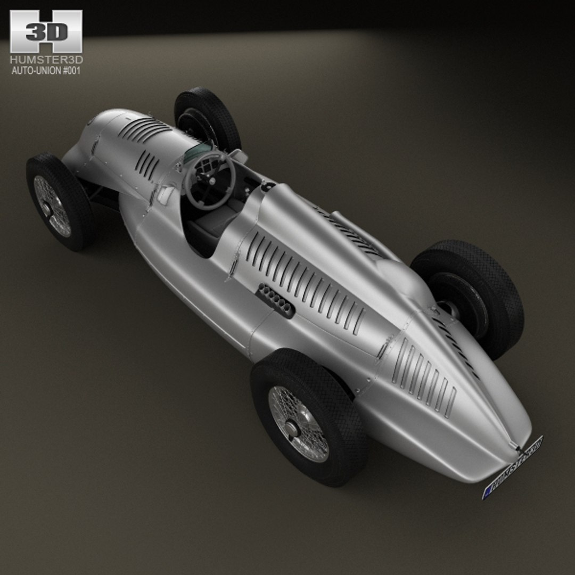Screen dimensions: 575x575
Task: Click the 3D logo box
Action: click(x=46, y=31)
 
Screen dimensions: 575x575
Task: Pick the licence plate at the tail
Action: click(x=512, y=467)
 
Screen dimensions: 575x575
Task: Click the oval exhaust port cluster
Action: click(x=275, y=300)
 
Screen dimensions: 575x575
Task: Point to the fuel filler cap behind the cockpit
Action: click(x=268, y=186)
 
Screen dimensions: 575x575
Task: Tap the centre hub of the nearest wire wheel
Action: click(x=291, y=427)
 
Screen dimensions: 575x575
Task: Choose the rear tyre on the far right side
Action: click(x=469, y=298)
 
